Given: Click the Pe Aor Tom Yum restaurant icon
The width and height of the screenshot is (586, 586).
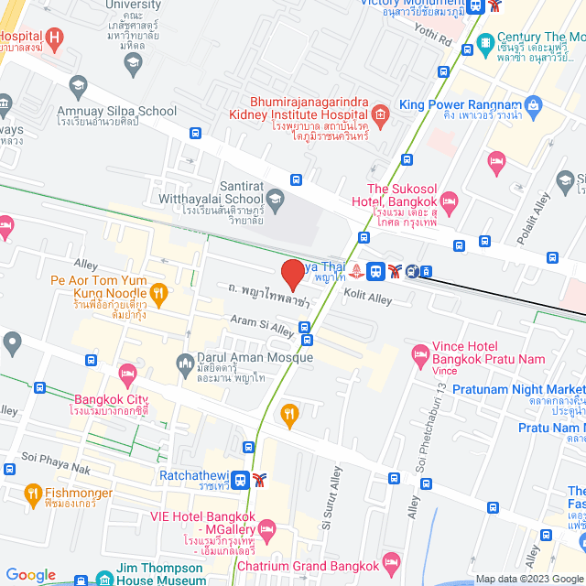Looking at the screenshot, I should pos(158,293).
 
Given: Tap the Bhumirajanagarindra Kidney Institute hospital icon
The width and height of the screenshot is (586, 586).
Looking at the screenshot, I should pos(381,113).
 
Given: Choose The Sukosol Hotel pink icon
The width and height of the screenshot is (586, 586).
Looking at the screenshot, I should pos(449,200).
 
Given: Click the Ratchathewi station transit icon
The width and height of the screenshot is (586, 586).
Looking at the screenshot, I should pos(239,478).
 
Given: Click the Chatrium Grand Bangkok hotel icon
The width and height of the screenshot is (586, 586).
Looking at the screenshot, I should pos(392,560).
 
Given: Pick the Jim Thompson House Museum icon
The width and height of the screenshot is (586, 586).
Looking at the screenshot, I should pos(103,580).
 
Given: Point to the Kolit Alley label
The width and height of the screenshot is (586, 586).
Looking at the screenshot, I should pos(367,297).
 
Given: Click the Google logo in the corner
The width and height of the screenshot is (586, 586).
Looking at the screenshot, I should pos(30,575).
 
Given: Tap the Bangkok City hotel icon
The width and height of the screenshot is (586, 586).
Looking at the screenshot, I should pos(127,372).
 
